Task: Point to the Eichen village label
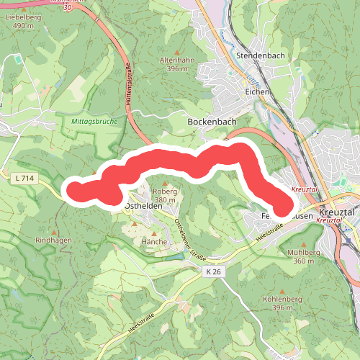pyautogui.click(x=256, y=91)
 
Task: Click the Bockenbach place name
pyautogui.click(x=212, y=122)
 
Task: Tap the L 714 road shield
pyautogui.click(x=24, y=177)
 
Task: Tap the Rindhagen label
pyautogui.click(x=50, y=240)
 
